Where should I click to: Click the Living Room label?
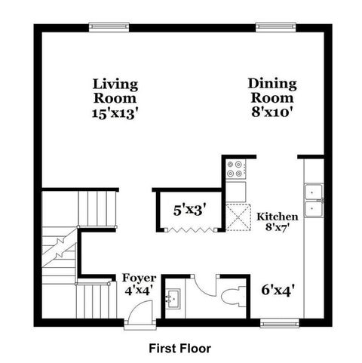tap(115, 90)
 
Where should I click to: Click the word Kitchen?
tap(278, 217)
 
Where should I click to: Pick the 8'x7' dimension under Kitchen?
tap(278, 227)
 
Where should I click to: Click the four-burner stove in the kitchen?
tap(235, 169)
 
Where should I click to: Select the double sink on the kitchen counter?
tap(313, 197)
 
